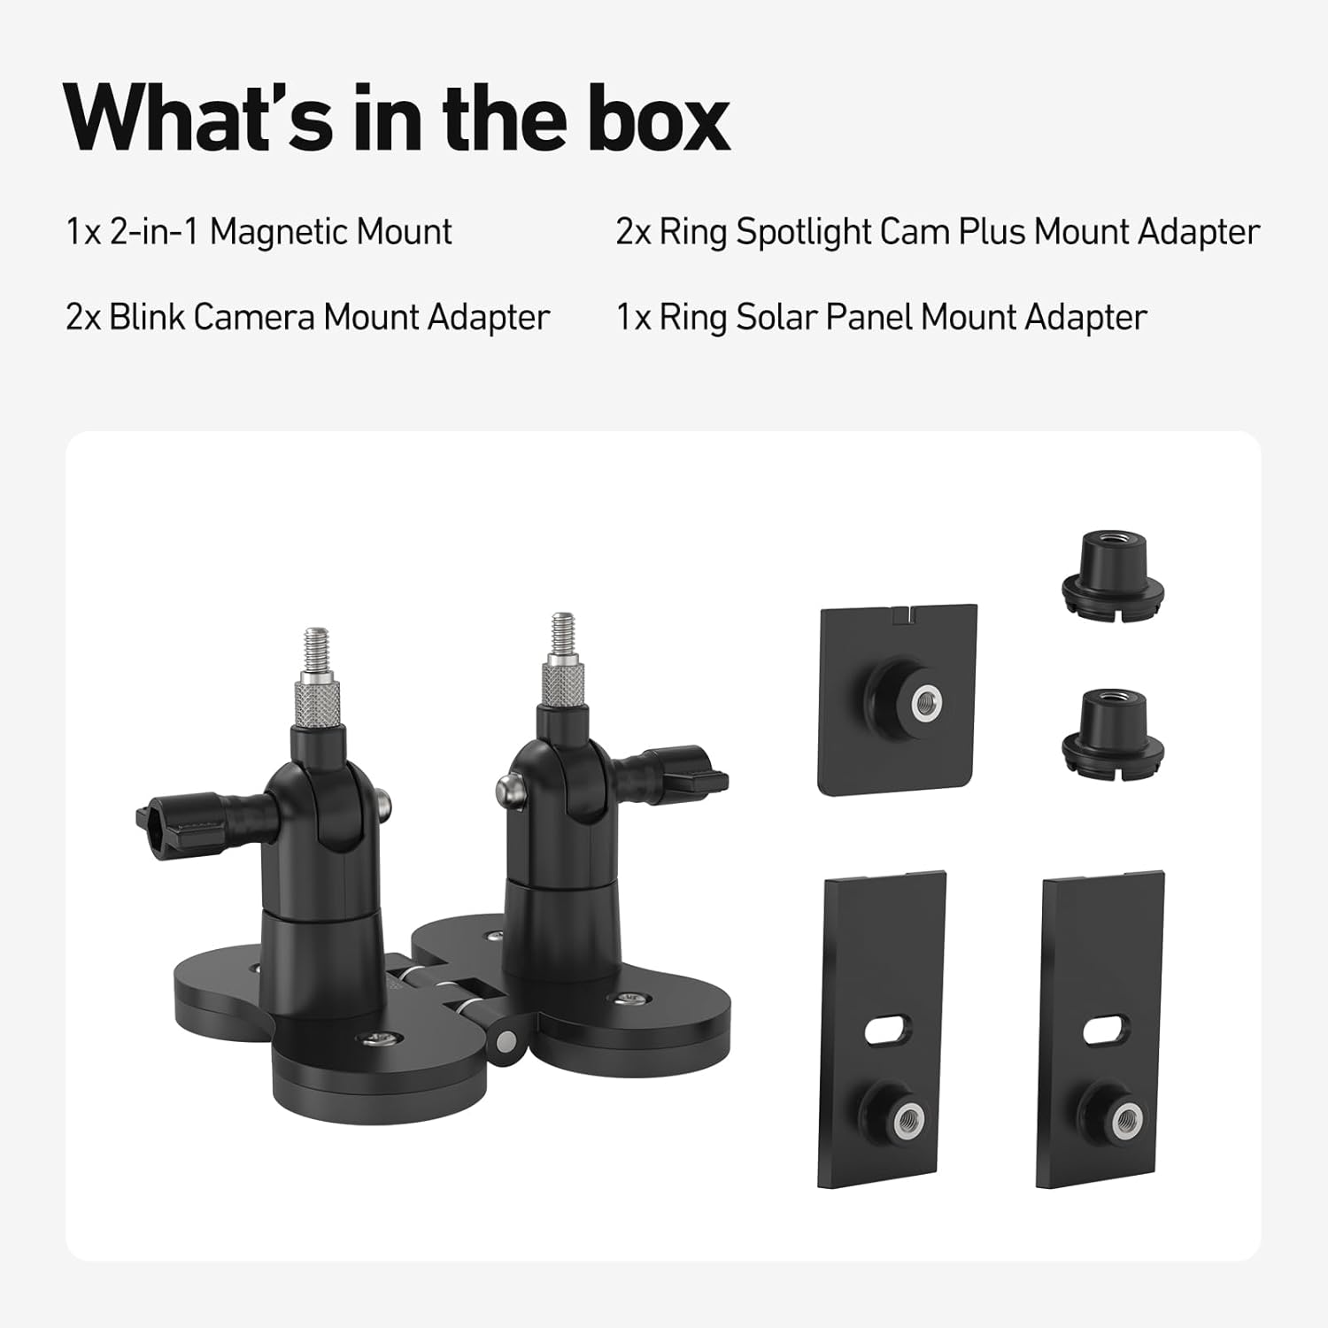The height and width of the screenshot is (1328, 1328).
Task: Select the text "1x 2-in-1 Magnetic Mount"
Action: point(259,232)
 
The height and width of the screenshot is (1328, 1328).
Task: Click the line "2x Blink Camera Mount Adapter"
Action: point(307,317)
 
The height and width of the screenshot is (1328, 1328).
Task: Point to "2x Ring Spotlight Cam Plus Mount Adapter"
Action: point(937,232)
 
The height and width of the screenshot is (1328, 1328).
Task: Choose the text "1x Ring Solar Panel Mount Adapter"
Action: point(881,317)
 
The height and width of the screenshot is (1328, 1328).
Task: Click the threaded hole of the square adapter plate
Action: point(927,701)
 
